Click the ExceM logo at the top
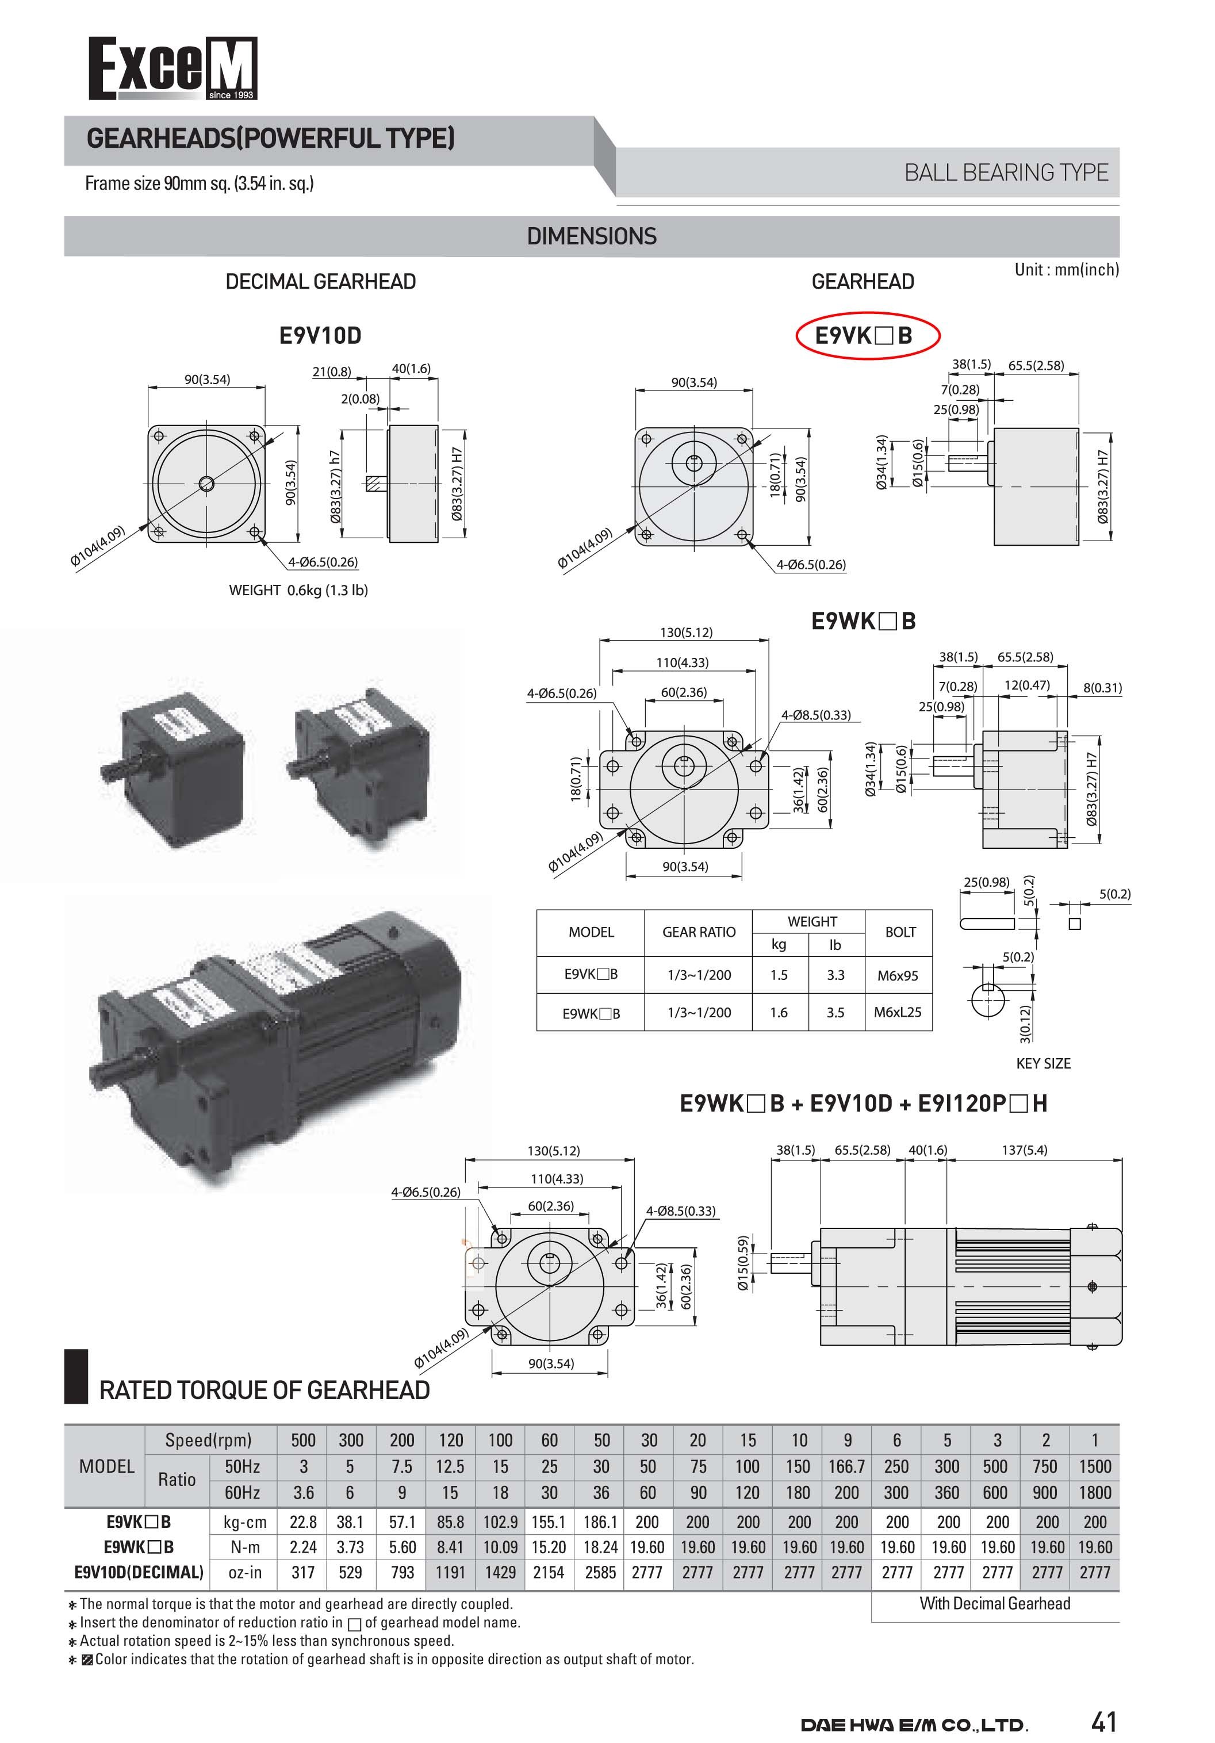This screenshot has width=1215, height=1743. tap(173, 68)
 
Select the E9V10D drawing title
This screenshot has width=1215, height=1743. tap(320, 335)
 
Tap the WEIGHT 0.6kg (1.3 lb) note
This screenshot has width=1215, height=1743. tap(298, 590)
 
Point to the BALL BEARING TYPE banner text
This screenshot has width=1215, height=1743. tap(1006, 173)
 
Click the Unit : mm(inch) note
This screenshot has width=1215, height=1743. tap(1066, 270)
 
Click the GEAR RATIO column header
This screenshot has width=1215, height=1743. tap(698, 932)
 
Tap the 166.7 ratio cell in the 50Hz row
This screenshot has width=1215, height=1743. tap(846, 1466)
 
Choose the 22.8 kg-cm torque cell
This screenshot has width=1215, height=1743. tap(303, 1522)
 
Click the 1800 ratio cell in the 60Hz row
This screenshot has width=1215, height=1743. tap(1094, 1492)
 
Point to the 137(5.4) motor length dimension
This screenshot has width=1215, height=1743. tap(1025, 1150)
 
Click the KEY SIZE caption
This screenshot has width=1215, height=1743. tap(1042, 1063)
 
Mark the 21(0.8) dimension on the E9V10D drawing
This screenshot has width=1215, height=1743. tap(332, 371)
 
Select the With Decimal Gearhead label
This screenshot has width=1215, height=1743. tap(994, 1603)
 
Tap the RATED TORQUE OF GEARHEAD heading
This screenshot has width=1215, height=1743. tap(264, 1390)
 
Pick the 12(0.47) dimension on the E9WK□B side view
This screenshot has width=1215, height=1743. tap(1027, 685)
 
